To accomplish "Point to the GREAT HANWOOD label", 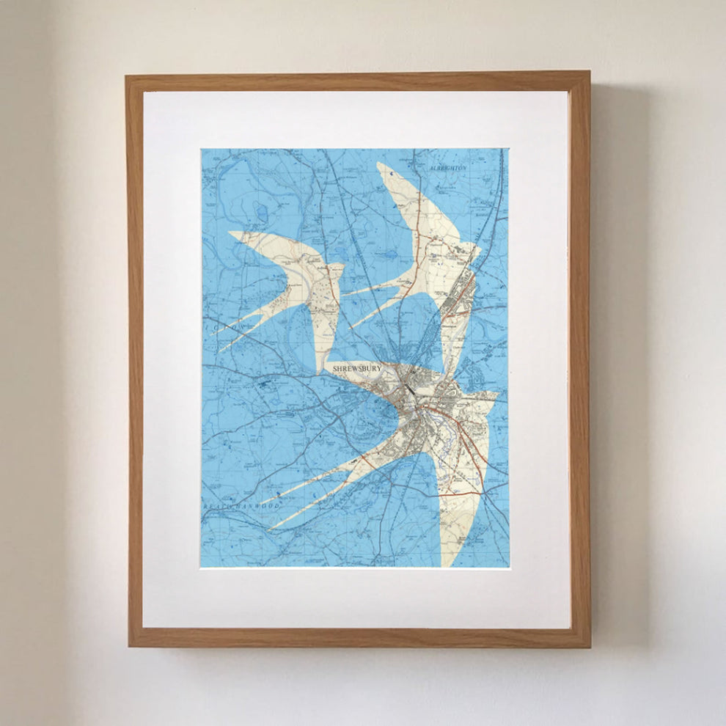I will pos(233,506).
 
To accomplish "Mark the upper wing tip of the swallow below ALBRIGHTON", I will pos(380,165).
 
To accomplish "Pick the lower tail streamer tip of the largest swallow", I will pos(271,527).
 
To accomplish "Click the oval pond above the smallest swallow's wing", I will pos(263,213).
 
